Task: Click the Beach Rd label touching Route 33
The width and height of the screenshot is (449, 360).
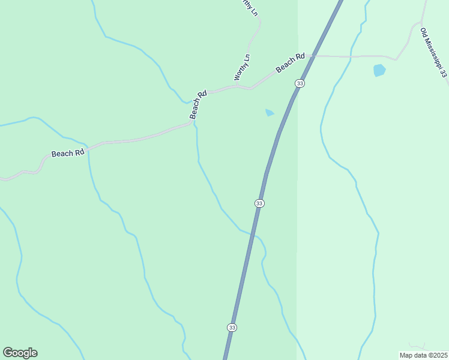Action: click(291, 62)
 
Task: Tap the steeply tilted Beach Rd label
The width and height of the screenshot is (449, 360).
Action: click(198, 104)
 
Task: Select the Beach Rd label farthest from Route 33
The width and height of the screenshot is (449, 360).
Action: click(67, 153)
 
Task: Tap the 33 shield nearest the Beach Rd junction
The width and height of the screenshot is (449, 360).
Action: click(300, 83)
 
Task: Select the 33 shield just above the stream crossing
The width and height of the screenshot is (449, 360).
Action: click(259, 203)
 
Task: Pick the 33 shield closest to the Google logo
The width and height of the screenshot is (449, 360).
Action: click(232, 327)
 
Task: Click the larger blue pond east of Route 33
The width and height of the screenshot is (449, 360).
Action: click(379, 70)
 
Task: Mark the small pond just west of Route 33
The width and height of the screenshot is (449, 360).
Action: click(270, 112)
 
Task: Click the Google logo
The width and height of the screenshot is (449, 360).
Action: click(20, 353)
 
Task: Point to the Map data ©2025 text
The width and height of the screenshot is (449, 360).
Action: click(423, 355)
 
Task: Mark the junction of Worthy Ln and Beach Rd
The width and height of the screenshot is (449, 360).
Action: click(251, 88)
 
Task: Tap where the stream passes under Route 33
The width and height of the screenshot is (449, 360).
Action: click(253, 233)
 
